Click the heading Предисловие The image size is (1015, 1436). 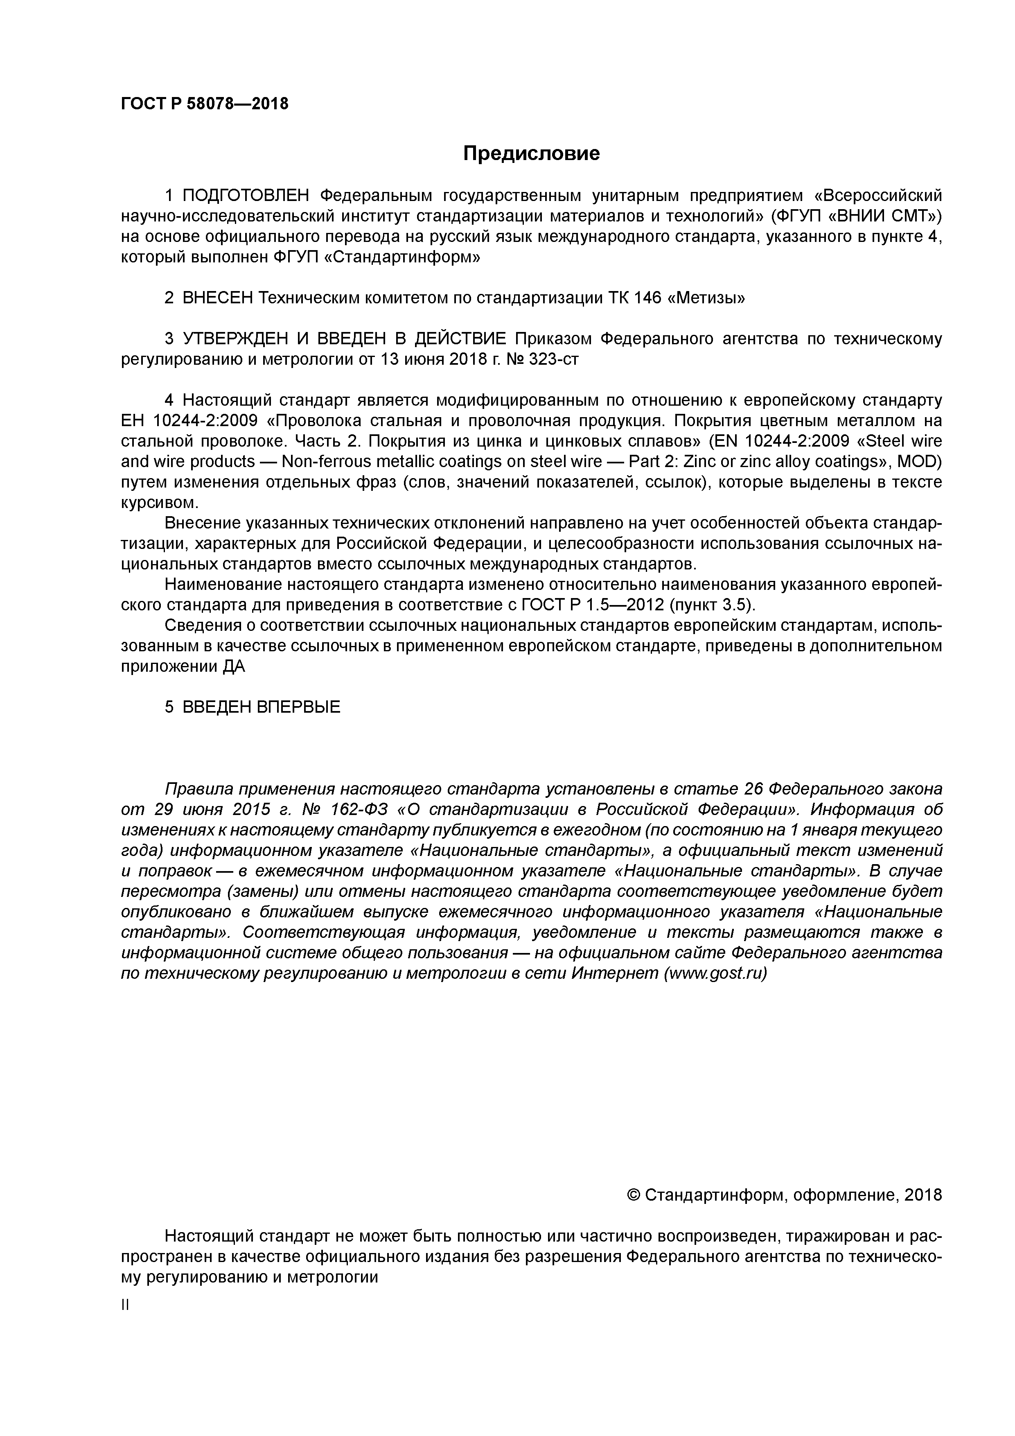click(x=531, y=153)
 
